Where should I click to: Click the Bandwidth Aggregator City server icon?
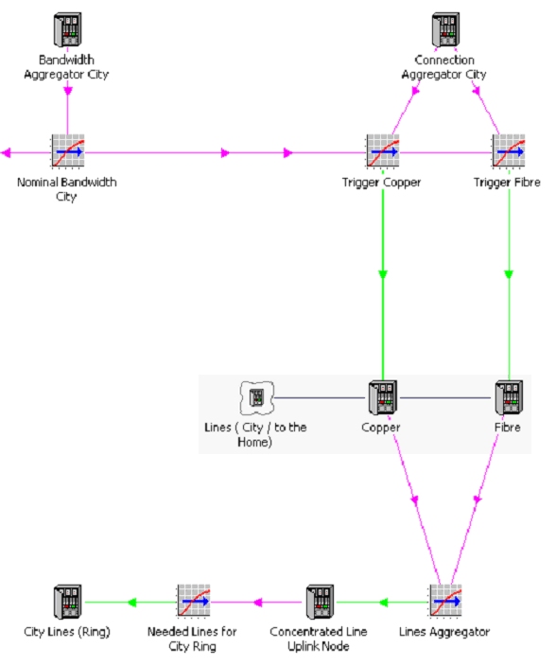point(67,29)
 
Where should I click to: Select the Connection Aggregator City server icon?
point(445,29)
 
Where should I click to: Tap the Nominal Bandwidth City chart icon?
point(68,151)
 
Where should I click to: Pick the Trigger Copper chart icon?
point(383,151)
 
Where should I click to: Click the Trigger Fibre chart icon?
point(509,151)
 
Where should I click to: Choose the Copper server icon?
point(383,397)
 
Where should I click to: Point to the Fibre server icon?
point(509,397)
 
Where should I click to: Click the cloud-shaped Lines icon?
point(257,398)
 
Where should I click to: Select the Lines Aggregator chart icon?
point(445,601)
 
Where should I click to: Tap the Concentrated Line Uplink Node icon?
point(320,602)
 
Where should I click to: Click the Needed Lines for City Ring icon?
point(194,601)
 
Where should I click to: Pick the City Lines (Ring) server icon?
point(67,602)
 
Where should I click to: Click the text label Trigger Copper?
point(382,183)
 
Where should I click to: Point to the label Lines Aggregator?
point(444,632)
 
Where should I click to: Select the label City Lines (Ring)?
point(67,632)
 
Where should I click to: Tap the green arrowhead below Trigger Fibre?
point(509,274)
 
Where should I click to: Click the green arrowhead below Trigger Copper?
point(383,274)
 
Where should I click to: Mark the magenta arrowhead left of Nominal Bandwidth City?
point(6,153)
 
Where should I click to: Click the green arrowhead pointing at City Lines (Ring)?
point(131,603)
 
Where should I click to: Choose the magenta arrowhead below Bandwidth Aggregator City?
point(68,91)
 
